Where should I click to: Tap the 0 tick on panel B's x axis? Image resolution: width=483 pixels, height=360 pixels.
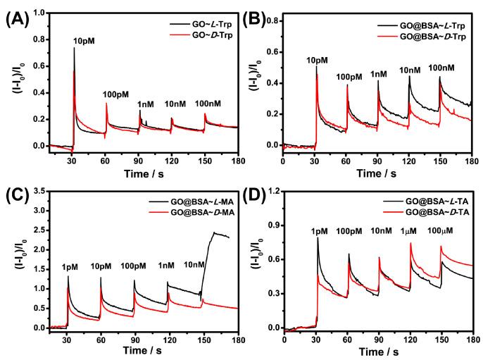283,159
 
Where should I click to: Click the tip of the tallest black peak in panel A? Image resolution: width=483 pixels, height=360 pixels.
74,48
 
